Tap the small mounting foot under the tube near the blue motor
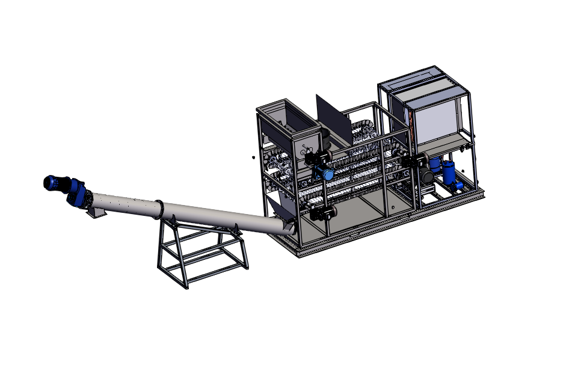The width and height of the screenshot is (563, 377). [94, 213]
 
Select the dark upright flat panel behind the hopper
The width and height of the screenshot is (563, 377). [332, 117]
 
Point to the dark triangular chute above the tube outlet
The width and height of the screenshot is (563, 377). [277, 210]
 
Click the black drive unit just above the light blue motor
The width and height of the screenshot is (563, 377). [315, 159]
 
